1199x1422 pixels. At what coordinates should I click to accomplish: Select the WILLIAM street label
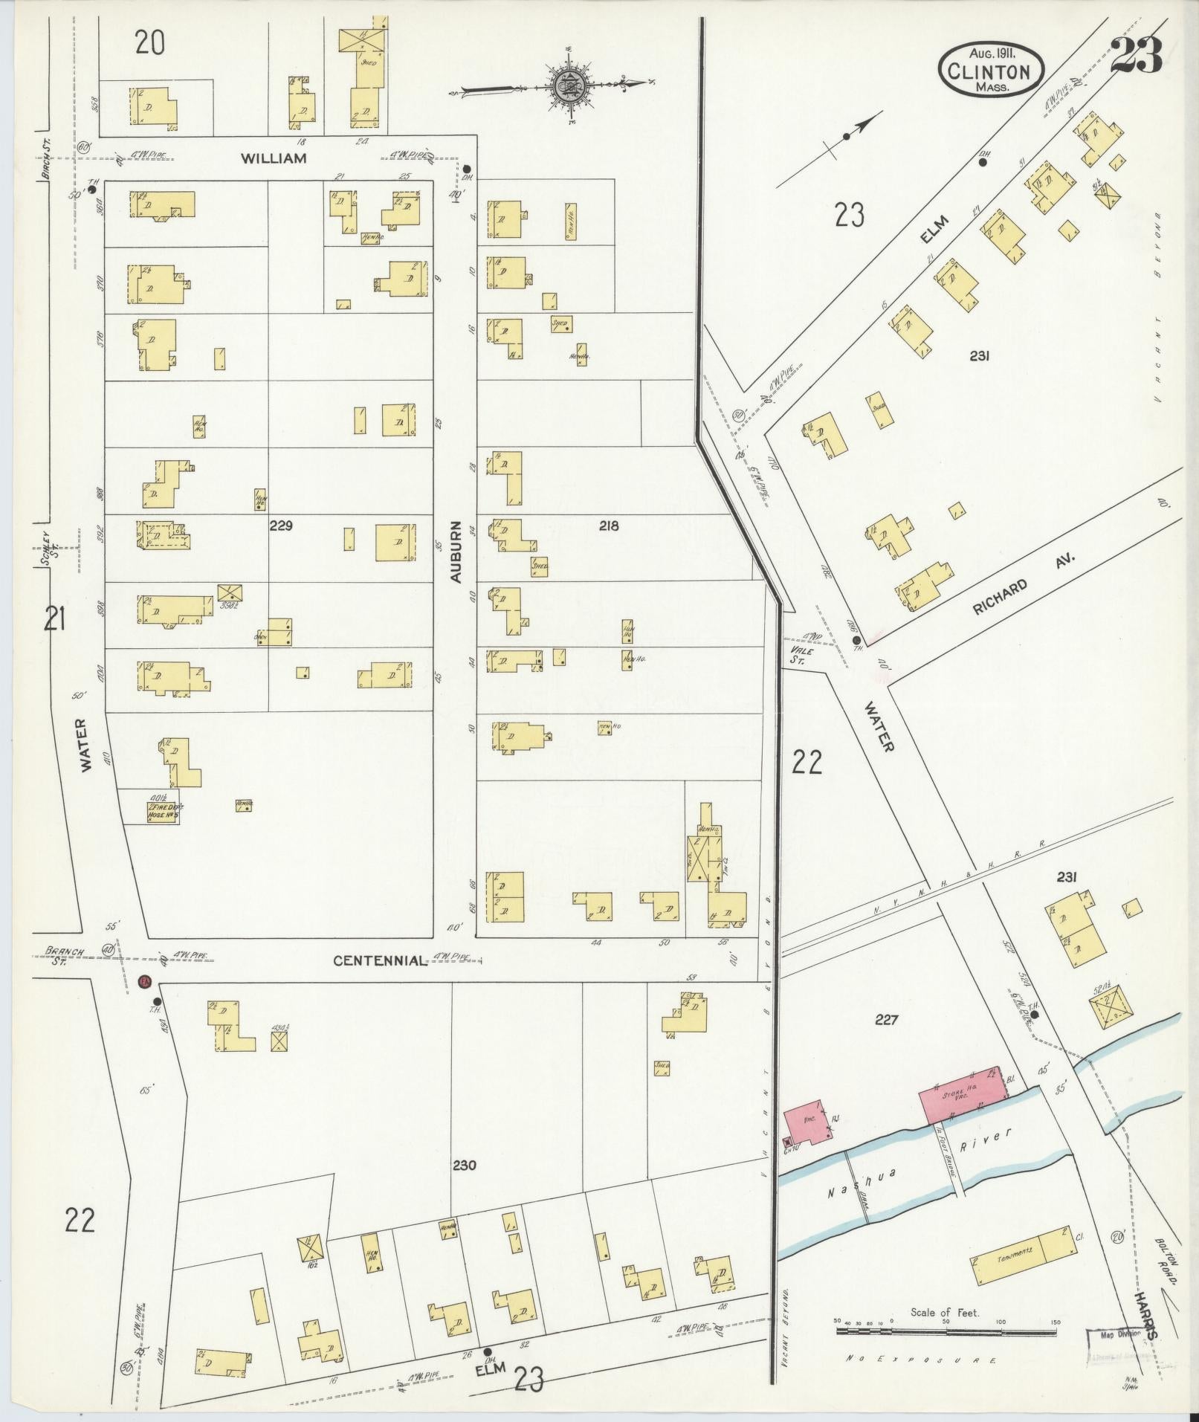[274, 158]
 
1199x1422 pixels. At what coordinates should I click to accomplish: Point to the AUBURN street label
[456, 551]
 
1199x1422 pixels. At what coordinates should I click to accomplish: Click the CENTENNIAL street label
[380, 960]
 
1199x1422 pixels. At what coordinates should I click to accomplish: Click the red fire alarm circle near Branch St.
[146, 981]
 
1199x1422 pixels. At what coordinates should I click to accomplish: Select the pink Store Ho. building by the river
[960, 1095]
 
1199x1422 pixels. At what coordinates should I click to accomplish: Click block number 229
[281, 526]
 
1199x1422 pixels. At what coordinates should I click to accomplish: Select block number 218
[608, 526]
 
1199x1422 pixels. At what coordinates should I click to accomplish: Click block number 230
[465, 1165]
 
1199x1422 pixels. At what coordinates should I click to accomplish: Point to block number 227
[886, 1021]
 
